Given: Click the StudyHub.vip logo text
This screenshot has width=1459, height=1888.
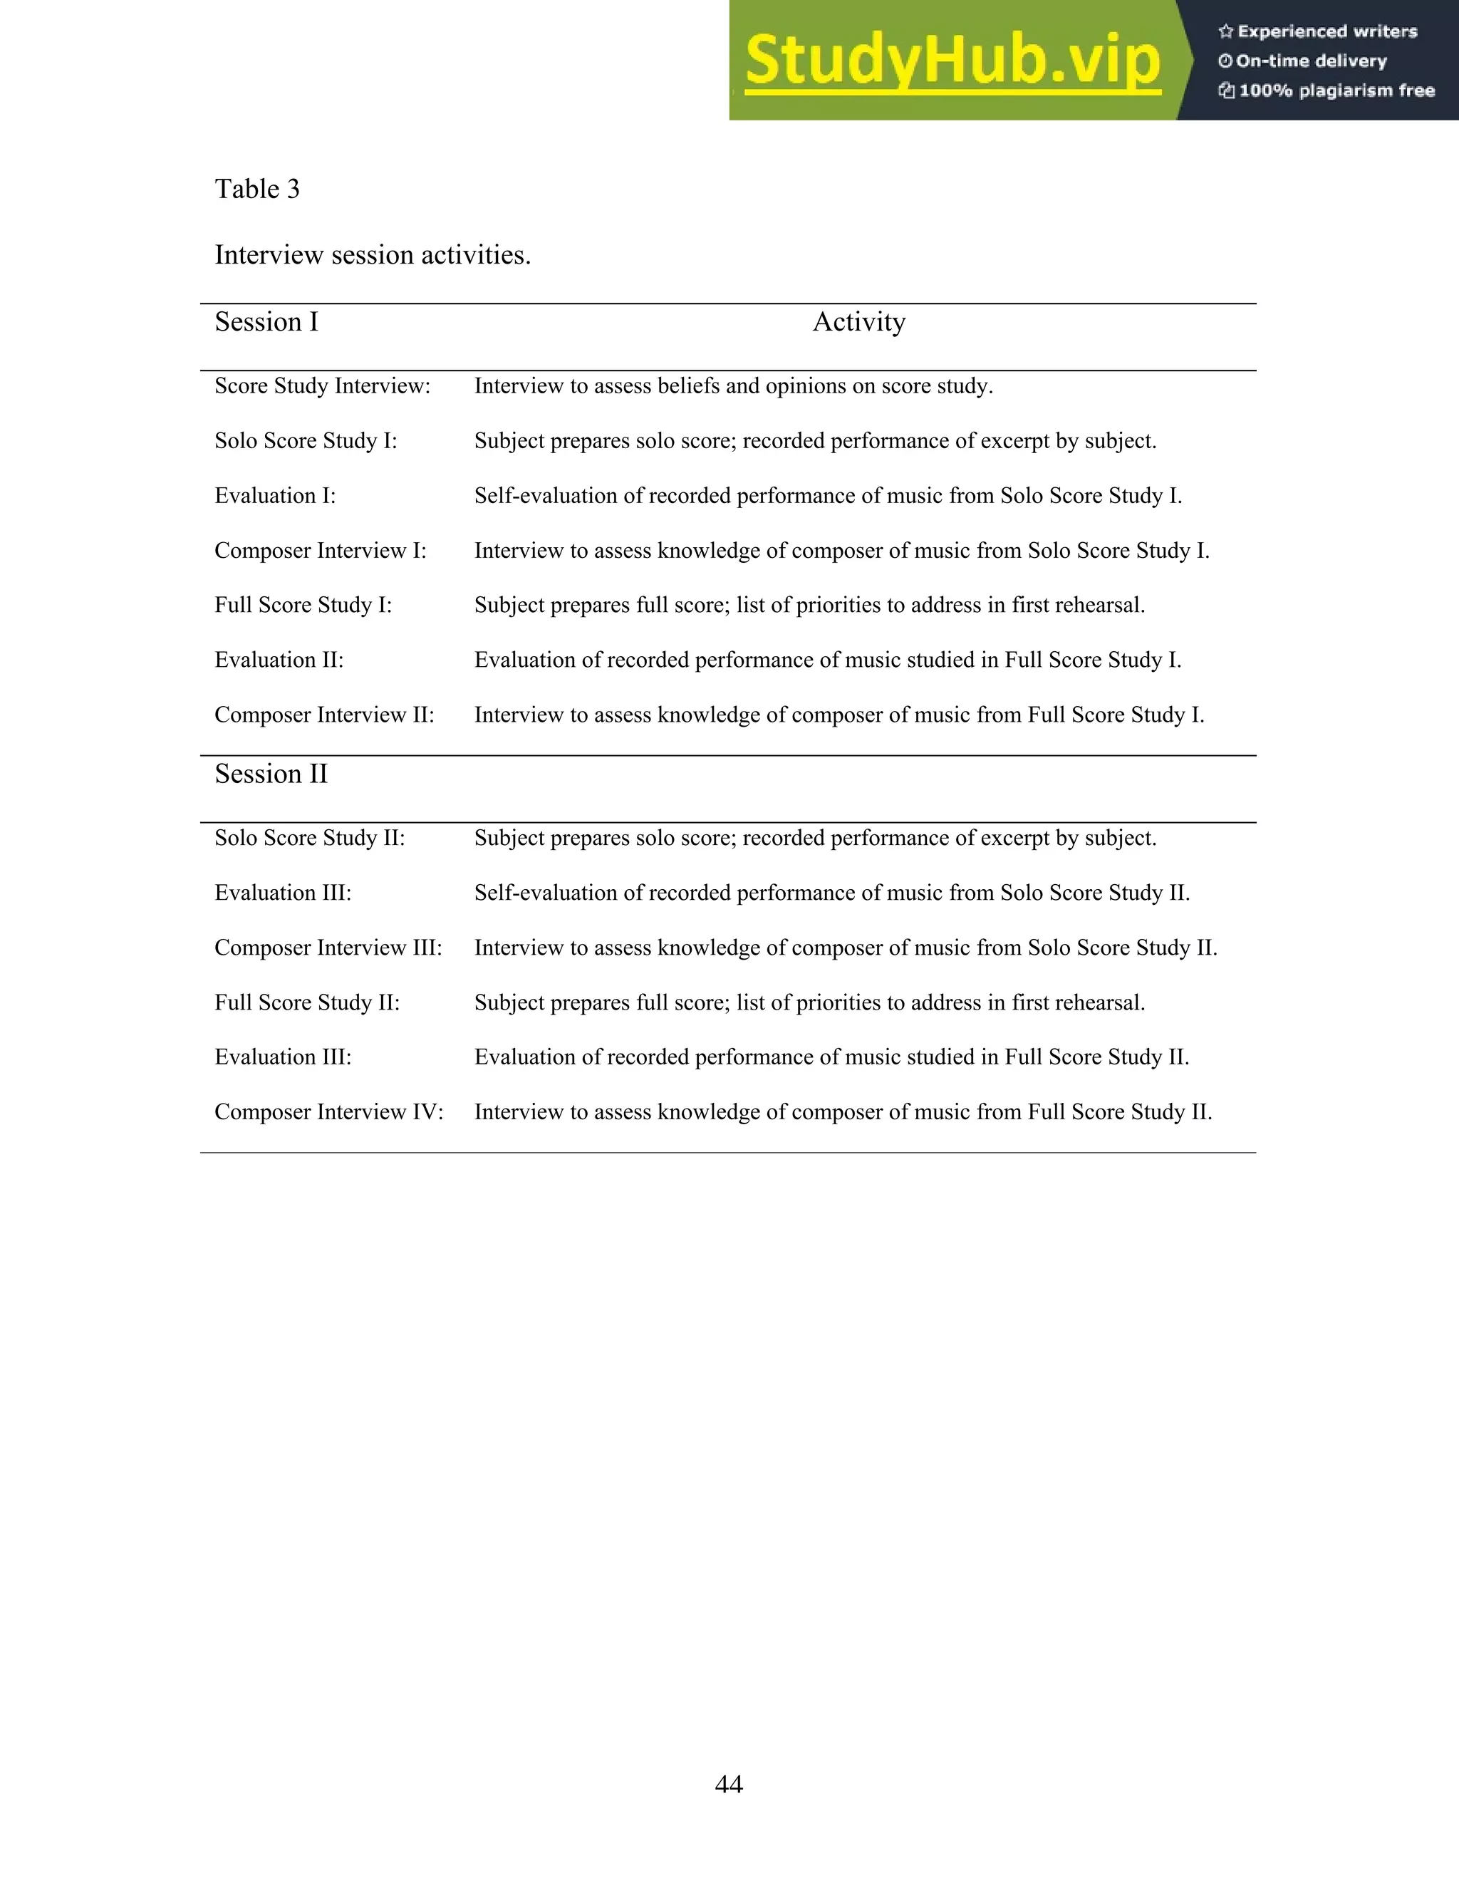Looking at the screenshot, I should (x=952, y=61).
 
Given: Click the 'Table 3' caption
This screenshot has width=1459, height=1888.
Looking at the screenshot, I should (x=256, y=190).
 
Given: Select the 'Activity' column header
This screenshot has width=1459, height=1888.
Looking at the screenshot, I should (x=858, y=323).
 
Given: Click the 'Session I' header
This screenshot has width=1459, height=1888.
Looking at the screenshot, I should (x=266, y=323).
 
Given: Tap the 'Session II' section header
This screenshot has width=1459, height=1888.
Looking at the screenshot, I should (x=271, y=774).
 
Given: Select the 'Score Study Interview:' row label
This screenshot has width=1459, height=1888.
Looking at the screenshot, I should (x=321, y=385).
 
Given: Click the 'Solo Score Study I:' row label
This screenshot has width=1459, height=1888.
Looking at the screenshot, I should (x=305, y=441).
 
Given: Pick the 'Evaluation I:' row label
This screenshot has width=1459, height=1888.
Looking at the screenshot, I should (x=275, y=495).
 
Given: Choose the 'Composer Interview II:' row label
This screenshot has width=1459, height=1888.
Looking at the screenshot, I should (x=324, y=715).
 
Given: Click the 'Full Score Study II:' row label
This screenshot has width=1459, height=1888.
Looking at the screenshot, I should (x=307, y=1003).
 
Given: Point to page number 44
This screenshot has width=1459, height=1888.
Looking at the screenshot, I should (x=729, y=1783).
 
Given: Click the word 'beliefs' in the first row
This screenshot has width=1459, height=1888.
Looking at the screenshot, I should (x=688, y=385).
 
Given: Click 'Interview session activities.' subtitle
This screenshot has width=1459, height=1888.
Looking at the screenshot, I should (x=373, y=255).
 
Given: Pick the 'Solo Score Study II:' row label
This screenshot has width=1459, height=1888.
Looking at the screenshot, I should (x=309, y=838).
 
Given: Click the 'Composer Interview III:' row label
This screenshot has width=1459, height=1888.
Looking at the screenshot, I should (x=328, y=948).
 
